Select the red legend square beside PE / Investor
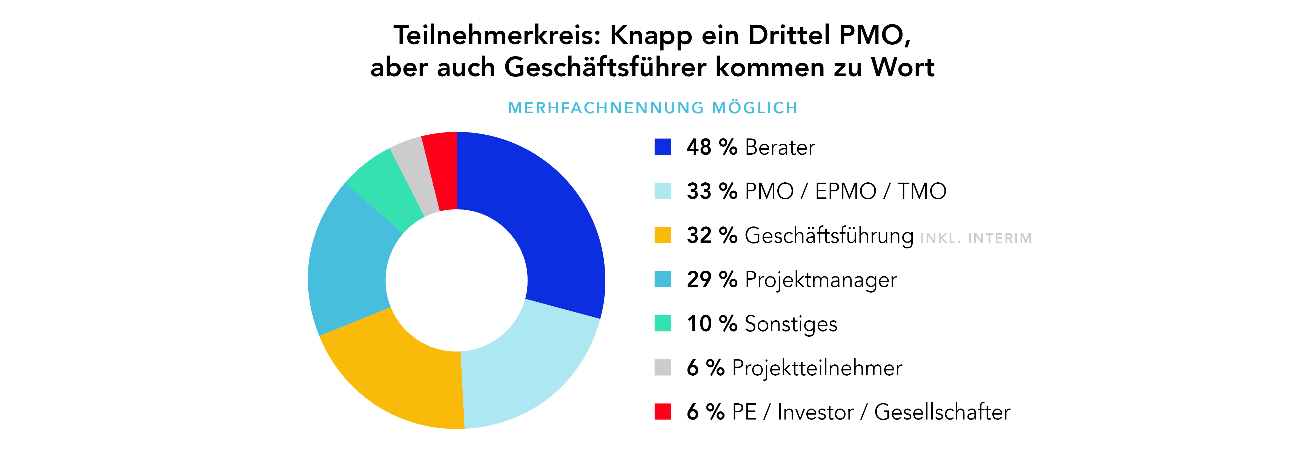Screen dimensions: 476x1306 pyautogui.click(x=662, y=412)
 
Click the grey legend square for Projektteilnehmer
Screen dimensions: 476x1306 pyautogui.click(x=662, y=367)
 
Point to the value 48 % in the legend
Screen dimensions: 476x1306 pyautogui.click(x=712, y=147)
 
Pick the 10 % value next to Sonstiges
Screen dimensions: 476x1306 pyautogui.click(x=712, y=324)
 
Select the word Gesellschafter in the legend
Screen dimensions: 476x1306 pyautogui.click(x=942, y=412)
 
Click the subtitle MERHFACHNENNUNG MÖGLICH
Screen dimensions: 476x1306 pyautogui.click(x=652, y=107)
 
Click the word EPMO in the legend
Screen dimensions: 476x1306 pyautogui.click(x=845, y=191)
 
